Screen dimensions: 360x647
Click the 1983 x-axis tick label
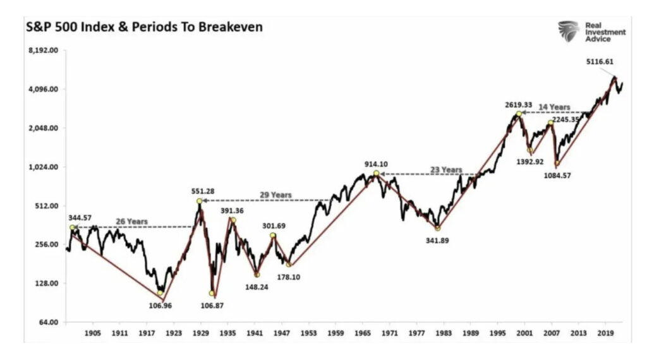[x=444, y=332]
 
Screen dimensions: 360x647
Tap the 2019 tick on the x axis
[x=606, y=332]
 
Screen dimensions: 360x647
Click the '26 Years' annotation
[x=131, y=222]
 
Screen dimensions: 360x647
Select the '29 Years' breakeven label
[x=276, y=195]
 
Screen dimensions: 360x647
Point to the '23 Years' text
[x=447, y=170]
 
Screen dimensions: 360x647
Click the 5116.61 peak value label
[x=599, y=62]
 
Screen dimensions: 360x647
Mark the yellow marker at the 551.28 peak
[x=200, y=201]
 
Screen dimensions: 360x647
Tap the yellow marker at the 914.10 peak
[x=376, y=173]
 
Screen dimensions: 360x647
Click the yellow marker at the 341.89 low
[x=437, y=228]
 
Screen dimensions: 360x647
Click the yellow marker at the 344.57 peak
[x=73, y=227]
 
